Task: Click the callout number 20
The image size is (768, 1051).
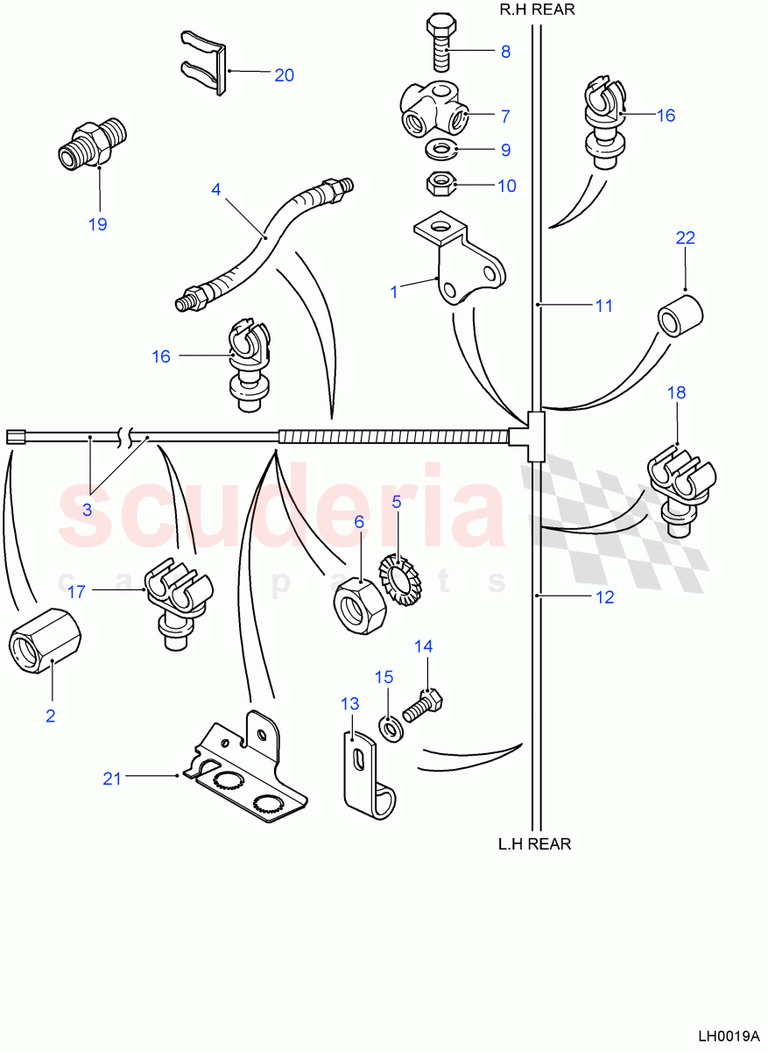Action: [x=284, y=74]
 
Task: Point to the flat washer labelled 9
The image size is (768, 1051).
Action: [x=439, y=150]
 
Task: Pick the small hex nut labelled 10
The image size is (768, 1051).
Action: [x=439, y=184]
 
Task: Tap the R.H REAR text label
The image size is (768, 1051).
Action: [x=537, y=10]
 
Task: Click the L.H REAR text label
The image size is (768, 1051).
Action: [x=534, y=844]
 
